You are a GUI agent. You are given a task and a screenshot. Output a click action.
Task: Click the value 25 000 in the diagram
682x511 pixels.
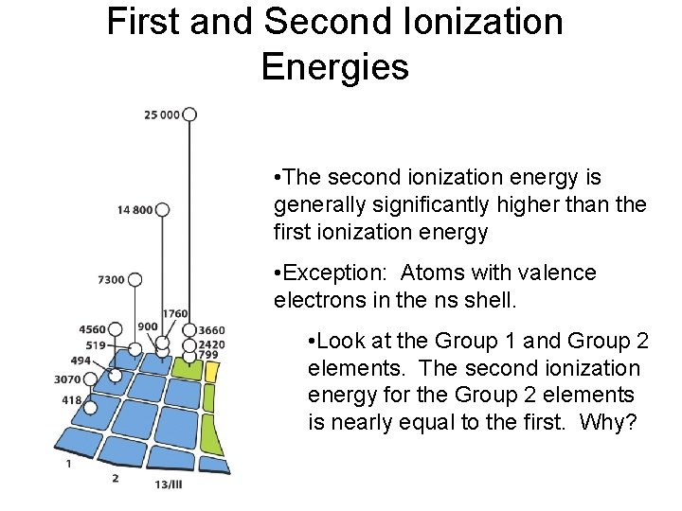click(x=162, y=115)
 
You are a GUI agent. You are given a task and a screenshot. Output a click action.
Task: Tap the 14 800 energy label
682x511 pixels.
click(x=135, y=210)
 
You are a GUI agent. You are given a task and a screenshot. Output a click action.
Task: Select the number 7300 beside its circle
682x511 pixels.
click(x=111, y=280)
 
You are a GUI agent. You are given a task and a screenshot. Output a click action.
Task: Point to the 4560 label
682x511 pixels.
click(x=92, y=329)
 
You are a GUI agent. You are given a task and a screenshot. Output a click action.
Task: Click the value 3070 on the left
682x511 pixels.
click(x=67, y=379)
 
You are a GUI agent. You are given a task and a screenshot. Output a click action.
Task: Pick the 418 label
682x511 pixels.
click(x=72, y=400)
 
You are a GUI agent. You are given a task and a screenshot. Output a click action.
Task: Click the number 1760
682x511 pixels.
click(x=174, y=314)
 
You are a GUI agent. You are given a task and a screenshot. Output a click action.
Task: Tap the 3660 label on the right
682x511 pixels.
click(x=211, y=330)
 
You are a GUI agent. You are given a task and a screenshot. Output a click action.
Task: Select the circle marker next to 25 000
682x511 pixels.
click(x=189, y=115)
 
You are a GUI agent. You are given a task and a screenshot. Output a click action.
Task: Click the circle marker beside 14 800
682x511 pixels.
click(x=162, y=209)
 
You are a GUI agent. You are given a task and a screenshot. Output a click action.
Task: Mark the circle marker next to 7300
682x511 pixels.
click(x=135, y=279)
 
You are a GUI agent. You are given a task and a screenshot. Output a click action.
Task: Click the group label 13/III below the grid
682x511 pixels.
click(x=169, y=485)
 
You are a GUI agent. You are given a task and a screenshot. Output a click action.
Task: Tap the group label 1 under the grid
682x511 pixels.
click(x=68, y=465)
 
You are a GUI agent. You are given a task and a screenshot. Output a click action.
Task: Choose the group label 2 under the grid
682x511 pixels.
click(x=116, y=478)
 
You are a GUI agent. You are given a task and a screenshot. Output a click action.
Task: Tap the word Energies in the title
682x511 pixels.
click(x=334, y=67)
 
